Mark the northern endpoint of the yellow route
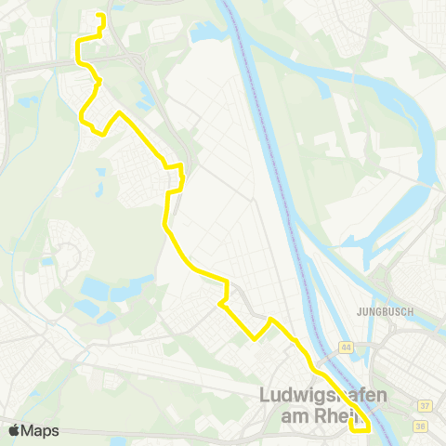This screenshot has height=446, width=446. click(x=100, y=18)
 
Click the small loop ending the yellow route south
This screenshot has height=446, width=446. click(x=360, y=424)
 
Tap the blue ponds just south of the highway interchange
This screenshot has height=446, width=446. click(x=146, y=91)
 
